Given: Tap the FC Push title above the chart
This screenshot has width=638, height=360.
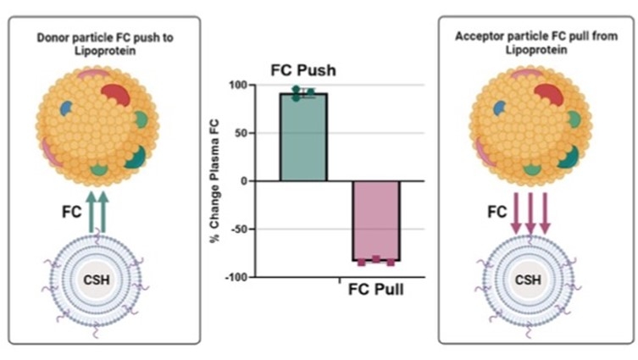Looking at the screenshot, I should tap(303, 70).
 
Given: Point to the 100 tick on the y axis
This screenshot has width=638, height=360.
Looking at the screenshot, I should tap(244, 86).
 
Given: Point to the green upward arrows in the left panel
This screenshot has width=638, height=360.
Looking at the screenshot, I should tap(97, 211).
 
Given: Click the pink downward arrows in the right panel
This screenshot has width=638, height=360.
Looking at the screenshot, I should tap(530, 215).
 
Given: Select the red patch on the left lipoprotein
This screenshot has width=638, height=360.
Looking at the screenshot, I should tap(116, 94).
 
